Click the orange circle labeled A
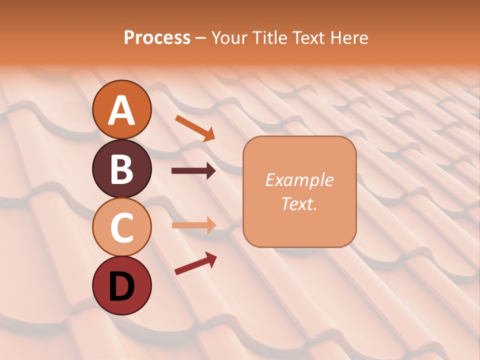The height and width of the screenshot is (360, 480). (x=121, y=109)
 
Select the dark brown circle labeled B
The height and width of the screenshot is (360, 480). (x=121, y=168)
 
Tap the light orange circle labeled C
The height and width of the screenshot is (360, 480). (x=121, y=227)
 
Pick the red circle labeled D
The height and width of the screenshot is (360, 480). (x=121, y=285)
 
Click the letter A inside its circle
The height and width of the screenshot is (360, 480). (x=121, y=110)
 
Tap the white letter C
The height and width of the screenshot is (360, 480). (x=121, y=227)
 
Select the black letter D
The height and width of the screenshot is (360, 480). (x=121, y=286)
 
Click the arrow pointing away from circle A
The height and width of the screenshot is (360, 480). (x=195, y=127)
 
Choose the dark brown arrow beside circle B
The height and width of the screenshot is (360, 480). (x=193, y=171)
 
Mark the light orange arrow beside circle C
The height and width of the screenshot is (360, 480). (x=193, y=225)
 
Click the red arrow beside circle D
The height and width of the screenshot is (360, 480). (x=195, y=263)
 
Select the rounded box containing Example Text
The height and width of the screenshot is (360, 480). (x=299, y=191)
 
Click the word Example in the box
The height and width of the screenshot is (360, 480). (x=299, y=180)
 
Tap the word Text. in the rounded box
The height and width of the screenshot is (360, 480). (x=299, y=203)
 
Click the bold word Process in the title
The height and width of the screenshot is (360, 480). (x=157, y=37)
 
